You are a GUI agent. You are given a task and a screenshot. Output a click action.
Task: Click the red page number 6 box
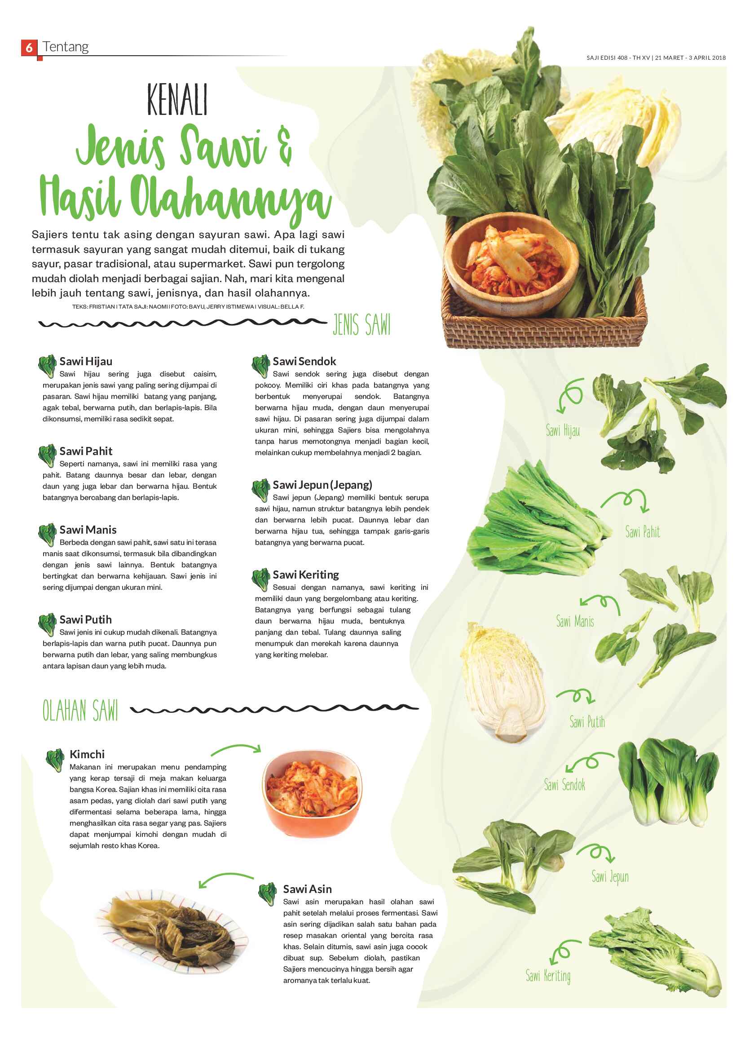29,47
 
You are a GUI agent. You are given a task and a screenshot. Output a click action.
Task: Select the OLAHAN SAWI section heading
80,710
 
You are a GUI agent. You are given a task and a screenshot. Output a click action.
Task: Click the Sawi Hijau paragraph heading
86,361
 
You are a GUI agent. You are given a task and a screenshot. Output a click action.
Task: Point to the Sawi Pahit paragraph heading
86,451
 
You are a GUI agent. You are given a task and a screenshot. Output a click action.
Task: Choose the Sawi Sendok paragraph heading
304,361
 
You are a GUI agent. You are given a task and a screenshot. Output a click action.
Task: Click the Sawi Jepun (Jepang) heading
322,485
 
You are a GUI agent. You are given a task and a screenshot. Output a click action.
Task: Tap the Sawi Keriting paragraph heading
306,575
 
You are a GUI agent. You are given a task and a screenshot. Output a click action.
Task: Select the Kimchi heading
87,754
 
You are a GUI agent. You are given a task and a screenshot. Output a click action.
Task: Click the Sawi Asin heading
307,889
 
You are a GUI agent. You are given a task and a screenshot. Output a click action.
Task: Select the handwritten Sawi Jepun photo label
610,877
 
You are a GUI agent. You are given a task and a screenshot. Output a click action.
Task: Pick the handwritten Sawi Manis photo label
575,621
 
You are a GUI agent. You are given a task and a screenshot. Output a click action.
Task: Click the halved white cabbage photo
504,683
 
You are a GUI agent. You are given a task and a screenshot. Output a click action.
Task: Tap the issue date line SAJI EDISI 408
656,58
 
